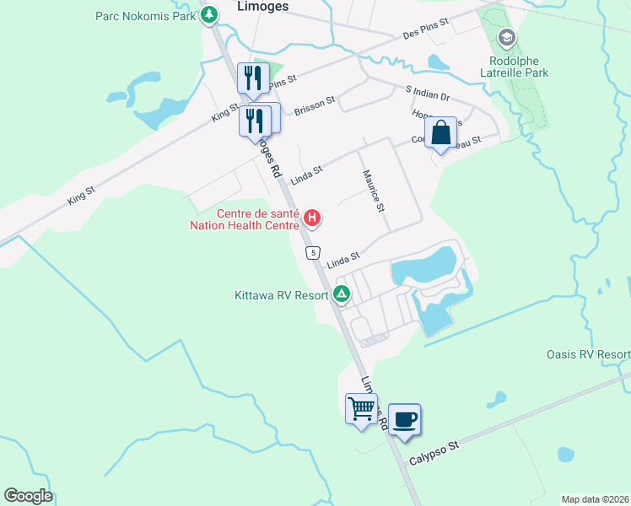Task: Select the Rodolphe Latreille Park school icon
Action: (x=506, y=37)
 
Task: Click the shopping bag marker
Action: (x=440, y=133)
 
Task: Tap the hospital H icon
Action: (x=312, y=219)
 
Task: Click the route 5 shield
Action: (x=313, y=252)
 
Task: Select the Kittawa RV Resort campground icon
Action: (x=342, y=294)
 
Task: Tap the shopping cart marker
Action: (x=362, y=408)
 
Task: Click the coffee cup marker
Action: (x=405, y=419)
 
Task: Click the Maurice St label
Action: (x=374, y=191)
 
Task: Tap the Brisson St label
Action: (x=315, y=105)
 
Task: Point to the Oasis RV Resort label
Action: (x=588, y=355)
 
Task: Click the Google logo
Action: (x=28, y=496)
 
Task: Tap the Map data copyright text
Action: (x=595, y=498)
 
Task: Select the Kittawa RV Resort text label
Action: (x=282, y=295)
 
